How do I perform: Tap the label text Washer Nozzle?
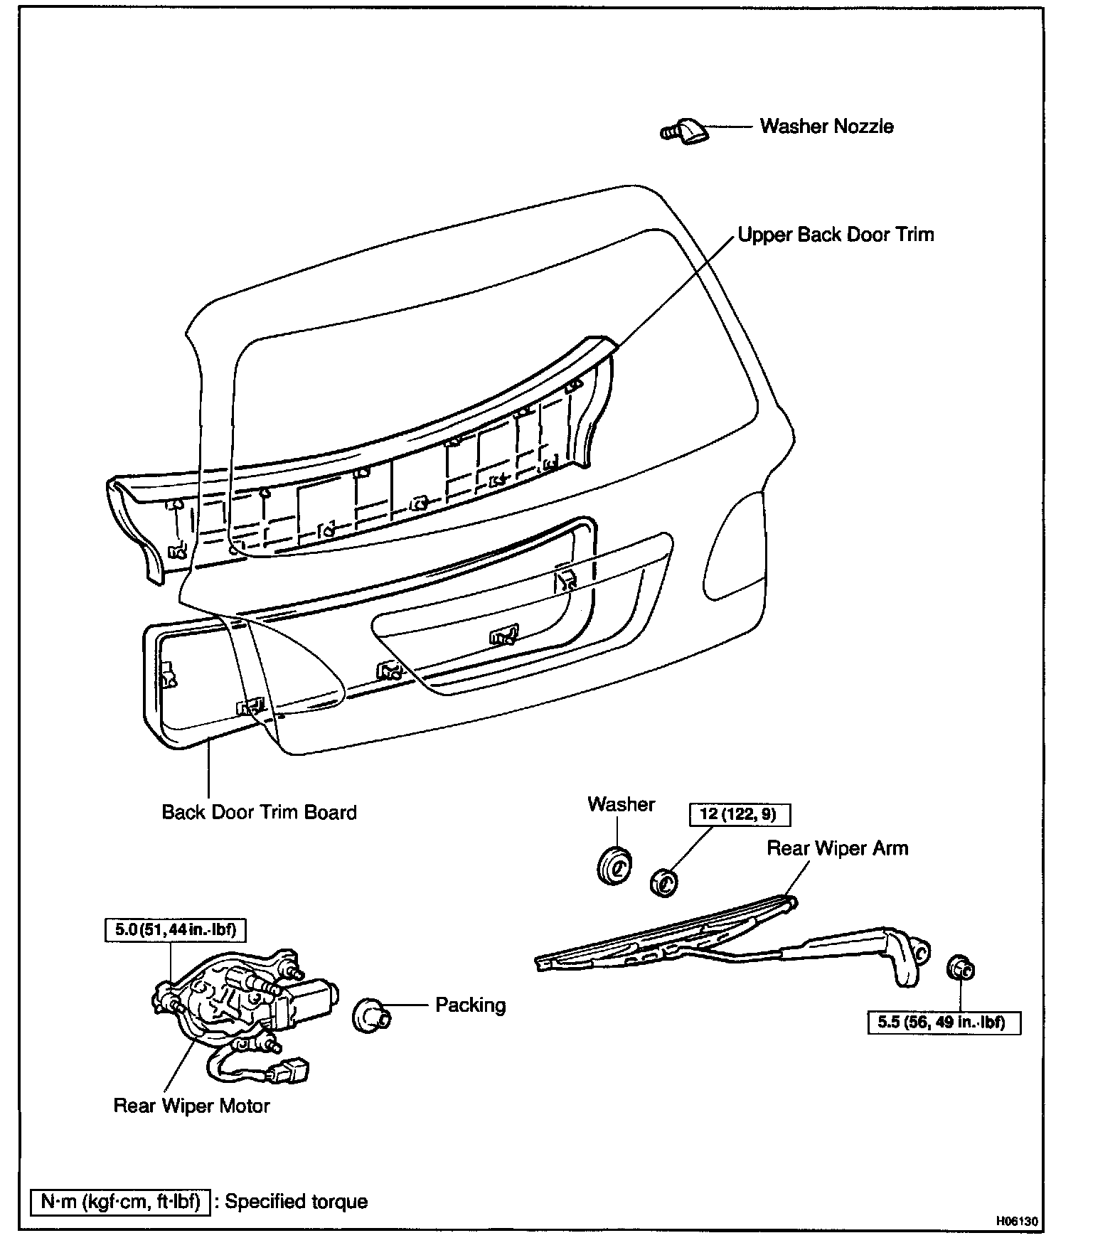pos(826,127)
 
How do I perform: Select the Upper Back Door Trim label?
pos(836,235)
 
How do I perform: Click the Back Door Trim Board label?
pos(259,812)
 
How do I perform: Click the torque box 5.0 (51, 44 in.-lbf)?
pos(171,929)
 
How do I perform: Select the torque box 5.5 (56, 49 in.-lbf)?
pos(944,1023)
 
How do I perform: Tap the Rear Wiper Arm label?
pos(837,848)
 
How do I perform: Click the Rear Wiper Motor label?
pos(191,1106)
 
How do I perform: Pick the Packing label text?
pos(470,1005)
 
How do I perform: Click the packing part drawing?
pos(370,1015)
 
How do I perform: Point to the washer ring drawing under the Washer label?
pos(613,865)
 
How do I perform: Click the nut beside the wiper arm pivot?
pos(961,968)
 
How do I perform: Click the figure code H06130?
pos(1018,1222)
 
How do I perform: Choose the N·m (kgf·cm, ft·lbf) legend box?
pos(120,1202)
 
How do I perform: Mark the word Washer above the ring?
pos(621,804)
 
